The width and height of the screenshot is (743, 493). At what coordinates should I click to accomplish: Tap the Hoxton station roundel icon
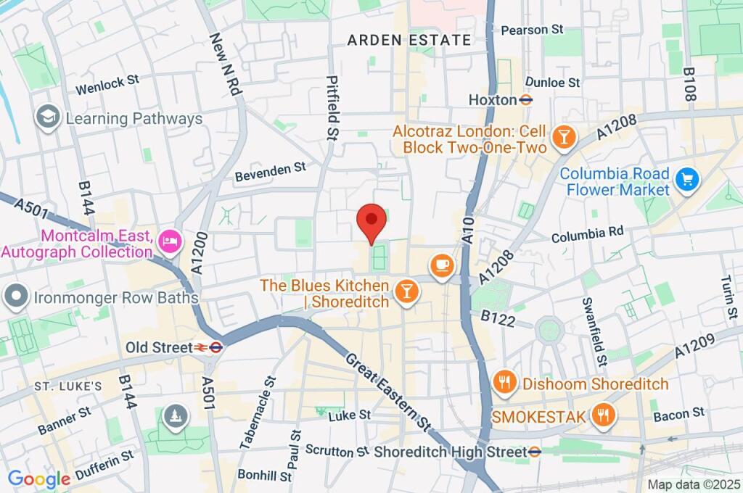click(x=527, y=100)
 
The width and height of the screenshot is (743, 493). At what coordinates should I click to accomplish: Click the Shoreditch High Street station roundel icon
click(x=535, y=452)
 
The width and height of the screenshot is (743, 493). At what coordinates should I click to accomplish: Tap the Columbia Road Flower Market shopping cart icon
click(x=685, y=178)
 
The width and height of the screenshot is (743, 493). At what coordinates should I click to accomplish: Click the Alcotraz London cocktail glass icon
click(x=562, y=136)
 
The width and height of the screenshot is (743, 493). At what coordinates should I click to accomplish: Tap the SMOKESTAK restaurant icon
click(x=601, y=415)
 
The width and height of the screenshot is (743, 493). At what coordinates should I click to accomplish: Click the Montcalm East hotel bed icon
click(x=169, y=243)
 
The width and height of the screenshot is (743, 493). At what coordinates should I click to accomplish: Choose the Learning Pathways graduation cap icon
click(x=49, y=117)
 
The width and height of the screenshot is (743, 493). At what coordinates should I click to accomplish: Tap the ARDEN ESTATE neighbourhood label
click(x=409, y=41)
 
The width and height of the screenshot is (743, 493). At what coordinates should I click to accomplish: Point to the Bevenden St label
click(x=271, y=172)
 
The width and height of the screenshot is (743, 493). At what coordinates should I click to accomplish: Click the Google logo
click(x=38, y=478)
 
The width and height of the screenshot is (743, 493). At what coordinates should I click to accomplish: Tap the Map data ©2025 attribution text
click(x=692, y=484)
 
